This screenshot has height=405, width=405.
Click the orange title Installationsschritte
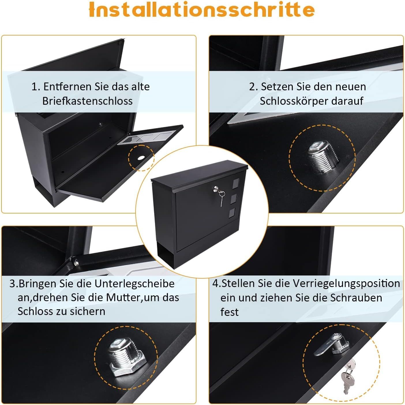click(x=202, y=10)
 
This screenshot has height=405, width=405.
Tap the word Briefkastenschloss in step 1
click(x=87, y=101)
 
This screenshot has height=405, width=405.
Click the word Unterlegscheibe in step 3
click(x=134, y=284)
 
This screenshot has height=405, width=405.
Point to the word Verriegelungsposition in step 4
click(x=346, y=284)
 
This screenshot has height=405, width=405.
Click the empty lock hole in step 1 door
click(x=141, y=157)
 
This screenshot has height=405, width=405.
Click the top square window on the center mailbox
click(x=236, y=183)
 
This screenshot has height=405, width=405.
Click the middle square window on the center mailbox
click(x=234, y=199)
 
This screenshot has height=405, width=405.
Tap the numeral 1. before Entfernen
click(x=36, y=87)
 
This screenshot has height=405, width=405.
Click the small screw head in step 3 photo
click(x=76, y=262)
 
